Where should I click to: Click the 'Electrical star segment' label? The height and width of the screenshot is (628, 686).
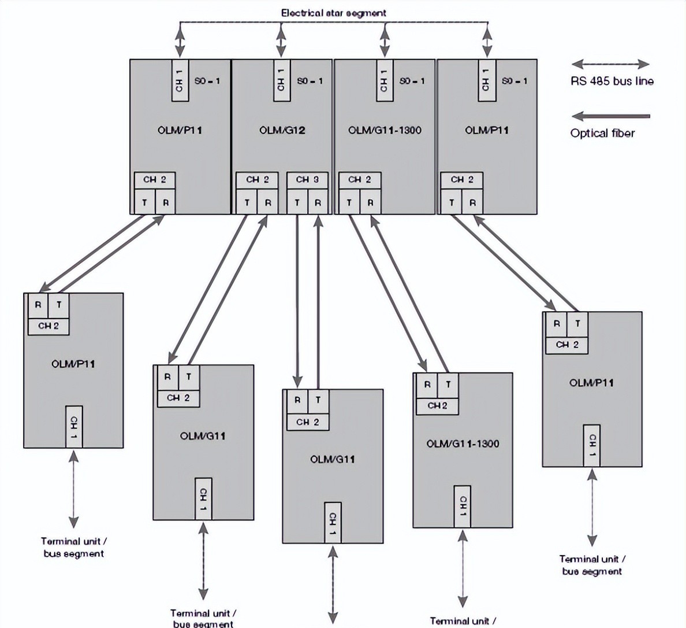point(333,12)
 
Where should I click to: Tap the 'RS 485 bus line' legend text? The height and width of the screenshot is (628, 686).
point(612,81)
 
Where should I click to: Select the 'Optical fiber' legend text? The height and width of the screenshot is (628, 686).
point(602,133)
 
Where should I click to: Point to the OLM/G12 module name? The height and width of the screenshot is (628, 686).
point(282,130)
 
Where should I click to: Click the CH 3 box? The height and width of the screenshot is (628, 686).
point(307,180)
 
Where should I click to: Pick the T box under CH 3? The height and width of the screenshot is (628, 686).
point(297,202)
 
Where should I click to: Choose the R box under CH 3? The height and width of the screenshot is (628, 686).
point(318,202)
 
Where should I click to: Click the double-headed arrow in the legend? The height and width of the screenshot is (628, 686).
point(610,64)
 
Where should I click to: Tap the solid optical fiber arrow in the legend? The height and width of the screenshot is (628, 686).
point(610,116)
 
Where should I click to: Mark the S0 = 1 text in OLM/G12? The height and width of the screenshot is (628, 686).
point(310,81)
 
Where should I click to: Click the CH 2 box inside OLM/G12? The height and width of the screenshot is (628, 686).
point(258,180)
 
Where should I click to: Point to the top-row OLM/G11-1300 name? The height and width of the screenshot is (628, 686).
point(385,130)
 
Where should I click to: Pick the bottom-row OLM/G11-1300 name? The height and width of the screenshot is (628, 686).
point(463,444)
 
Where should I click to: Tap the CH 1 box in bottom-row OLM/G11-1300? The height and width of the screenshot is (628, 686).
point(463,506)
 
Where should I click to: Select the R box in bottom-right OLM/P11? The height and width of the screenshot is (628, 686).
point(556,324)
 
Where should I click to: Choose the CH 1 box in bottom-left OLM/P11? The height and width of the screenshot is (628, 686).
point(74,426)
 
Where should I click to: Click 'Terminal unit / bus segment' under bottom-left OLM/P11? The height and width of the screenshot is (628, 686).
point(73,547)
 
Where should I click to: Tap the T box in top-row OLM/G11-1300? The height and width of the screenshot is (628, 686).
point(349,202)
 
